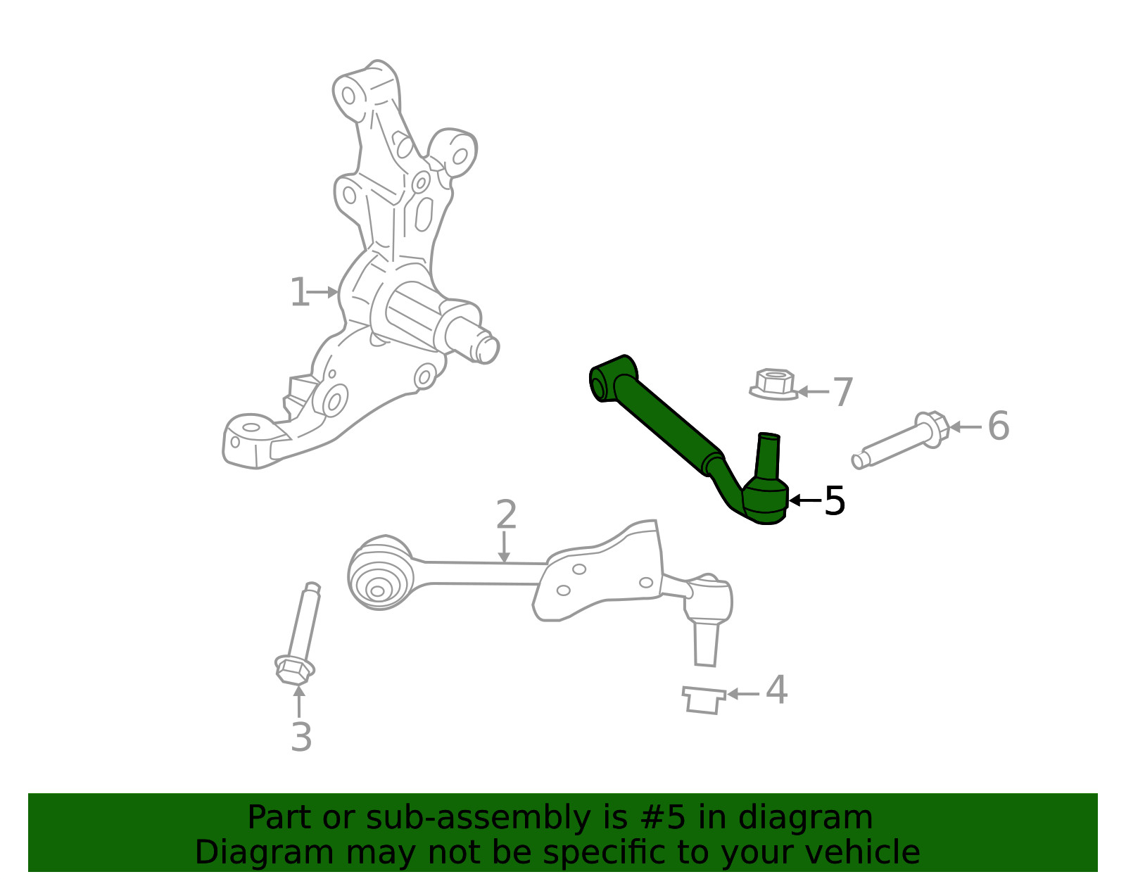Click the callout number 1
point(300,292)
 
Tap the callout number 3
point(301,737)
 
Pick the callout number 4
point(777,690)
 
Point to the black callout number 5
point(834,500)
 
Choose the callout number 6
point(999,426)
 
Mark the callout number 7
point(843,391)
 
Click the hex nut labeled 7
point(774,384)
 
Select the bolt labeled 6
point(901,440)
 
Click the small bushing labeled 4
point(704,700)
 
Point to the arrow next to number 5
point(805,500)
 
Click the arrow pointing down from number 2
point(504,547)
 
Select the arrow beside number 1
point(324,292)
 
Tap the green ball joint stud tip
point(769,436)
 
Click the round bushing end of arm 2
point(381,573)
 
